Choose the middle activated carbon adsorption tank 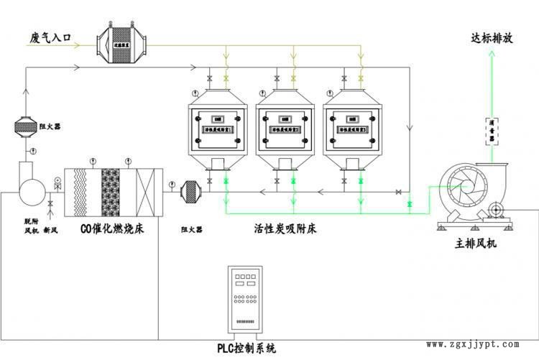(285, 129)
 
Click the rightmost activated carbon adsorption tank (351, 129)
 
